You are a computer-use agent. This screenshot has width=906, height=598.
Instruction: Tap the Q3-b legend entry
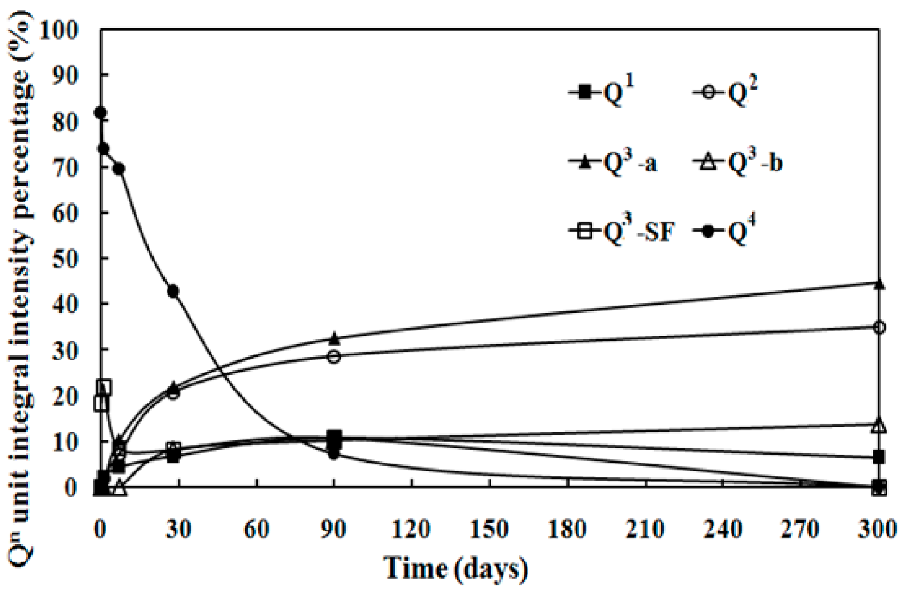738,163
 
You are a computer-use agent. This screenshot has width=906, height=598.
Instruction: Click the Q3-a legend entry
613,163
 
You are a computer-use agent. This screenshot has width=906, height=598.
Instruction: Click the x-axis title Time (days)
456,568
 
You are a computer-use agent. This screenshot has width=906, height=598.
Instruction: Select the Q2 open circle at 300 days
879,328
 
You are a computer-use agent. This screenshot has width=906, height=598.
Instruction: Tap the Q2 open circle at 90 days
334,357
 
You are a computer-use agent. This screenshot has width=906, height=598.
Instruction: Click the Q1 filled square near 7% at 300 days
878,458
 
